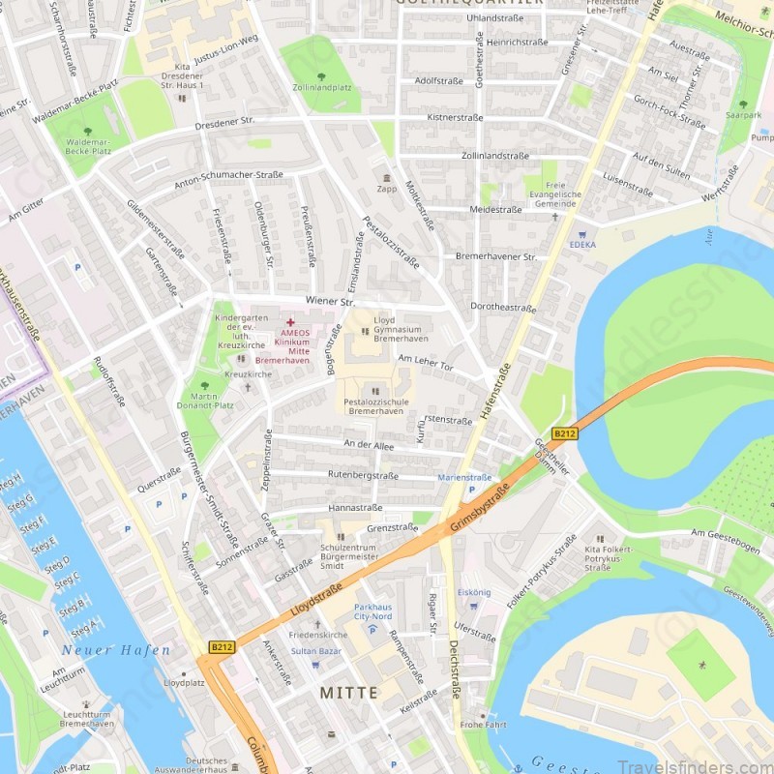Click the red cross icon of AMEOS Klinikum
[289, 321]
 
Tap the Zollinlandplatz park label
[321, 87]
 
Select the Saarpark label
[743, 114]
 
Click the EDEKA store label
[583, 245]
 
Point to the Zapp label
[387, 189]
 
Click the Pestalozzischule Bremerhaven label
[375, 405]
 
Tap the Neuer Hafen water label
[116, 650]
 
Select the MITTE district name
[348, 693]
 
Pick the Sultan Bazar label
[316, 651]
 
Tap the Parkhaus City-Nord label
[372, 610]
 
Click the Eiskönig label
[474, 592]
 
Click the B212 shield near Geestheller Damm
[564, 434]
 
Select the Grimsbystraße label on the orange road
[479, 513]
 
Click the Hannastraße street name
[355, 507]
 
